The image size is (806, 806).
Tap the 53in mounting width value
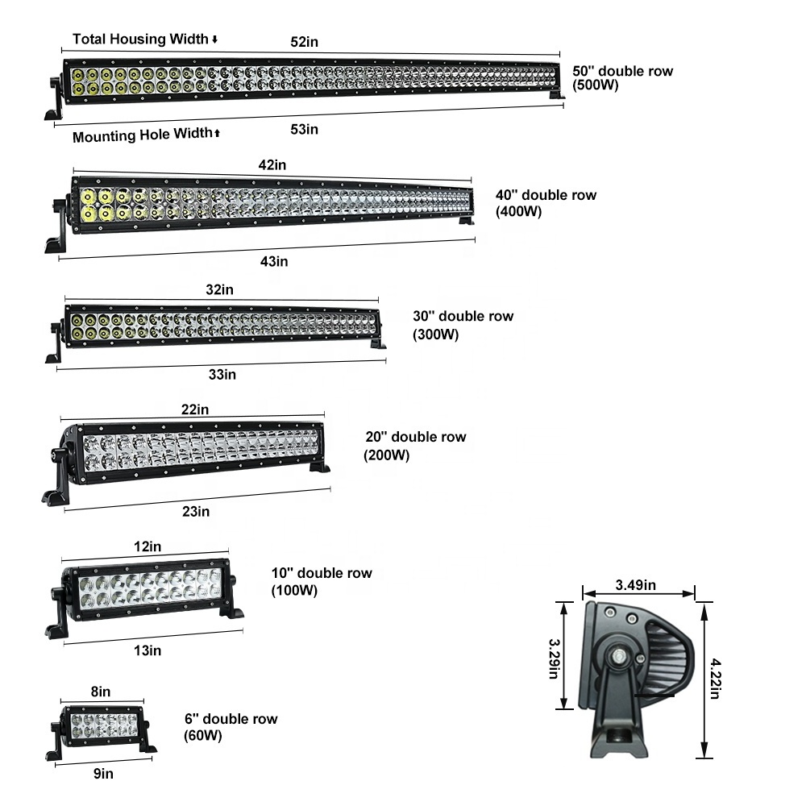304,129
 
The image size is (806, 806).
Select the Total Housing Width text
140,39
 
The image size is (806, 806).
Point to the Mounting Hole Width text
142,135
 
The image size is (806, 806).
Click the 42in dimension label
272,164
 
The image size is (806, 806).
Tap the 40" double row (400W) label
546,203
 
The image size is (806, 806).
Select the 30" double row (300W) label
463,325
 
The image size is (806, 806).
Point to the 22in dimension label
195,409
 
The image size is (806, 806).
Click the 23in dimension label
196,511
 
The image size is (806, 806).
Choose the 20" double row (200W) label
415,445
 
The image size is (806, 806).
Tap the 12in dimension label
147,546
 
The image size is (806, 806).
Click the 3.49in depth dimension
636,584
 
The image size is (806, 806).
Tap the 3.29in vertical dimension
556,659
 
